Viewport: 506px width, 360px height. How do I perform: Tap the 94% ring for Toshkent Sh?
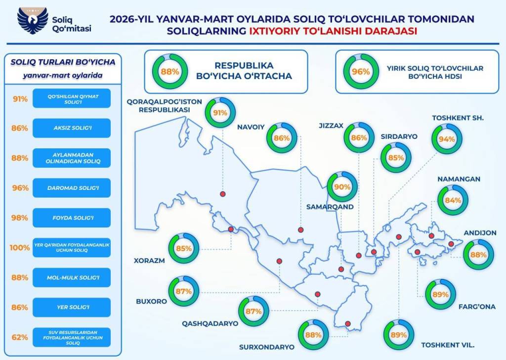pos(447,139)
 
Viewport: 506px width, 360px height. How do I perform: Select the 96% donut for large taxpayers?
pos(360,71)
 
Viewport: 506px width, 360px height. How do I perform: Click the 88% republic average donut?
pos(169,71)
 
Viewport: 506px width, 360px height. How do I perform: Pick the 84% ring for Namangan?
pos(453,200)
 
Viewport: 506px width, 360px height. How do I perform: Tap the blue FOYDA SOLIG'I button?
pos(72,218)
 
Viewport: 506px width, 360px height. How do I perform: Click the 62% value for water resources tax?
pos(20,337)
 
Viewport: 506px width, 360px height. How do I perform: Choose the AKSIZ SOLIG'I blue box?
pos(72,128)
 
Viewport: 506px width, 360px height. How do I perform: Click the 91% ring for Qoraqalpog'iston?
pos(219,112)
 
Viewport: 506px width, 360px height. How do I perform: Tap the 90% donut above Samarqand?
pos(342,187)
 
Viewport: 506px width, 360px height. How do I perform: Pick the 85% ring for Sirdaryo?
pos(396,158)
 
